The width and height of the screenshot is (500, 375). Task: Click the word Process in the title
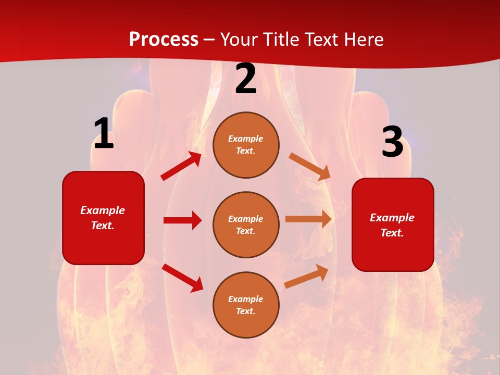click(164, 40)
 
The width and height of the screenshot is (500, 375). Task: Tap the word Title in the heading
click(282, 40)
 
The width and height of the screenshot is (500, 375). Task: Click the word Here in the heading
click(364, 40)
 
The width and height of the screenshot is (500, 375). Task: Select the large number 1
click(104, 134)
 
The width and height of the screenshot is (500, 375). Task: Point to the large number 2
click(246, 79)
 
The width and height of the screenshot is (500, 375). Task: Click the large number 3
click(392, 142)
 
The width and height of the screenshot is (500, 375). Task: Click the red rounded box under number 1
click(103, 218)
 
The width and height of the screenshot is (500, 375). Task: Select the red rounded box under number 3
click(393, 224)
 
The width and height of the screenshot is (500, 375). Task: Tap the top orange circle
click(246, 145)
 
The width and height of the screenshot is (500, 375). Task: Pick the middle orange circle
click(246, 224)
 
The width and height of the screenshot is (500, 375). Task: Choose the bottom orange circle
click(246, 305)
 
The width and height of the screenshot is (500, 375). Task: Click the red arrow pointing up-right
click(181, 166)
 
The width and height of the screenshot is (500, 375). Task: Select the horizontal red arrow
click(182, 220)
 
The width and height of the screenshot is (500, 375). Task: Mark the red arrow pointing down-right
click(183, 278)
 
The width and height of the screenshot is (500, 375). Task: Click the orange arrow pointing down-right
click(310, 167)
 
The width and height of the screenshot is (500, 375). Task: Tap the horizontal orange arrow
click(308, 219)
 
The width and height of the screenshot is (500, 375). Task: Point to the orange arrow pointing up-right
click(306, 276)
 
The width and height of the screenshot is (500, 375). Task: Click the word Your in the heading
click(239, 40)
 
